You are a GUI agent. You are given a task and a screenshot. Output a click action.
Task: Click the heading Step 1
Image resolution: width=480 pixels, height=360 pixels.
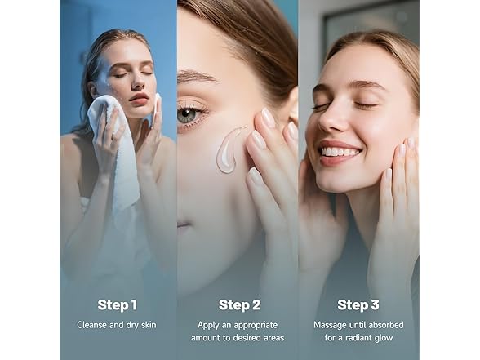coord(118,305)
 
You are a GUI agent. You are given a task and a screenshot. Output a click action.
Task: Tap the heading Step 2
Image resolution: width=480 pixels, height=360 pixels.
coord(240,305)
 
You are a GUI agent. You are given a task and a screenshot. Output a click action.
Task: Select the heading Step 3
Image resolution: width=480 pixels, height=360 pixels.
coord(358,305)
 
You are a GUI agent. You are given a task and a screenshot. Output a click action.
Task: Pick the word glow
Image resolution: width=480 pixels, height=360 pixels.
coord(384,338)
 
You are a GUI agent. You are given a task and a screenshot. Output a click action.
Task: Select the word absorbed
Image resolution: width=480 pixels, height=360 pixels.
coord(386,325)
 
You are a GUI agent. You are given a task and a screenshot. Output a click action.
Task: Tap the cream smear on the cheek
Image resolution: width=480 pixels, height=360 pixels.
coord(229,149)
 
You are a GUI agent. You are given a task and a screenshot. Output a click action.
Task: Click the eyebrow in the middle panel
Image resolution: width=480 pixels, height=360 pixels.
coord(195,76)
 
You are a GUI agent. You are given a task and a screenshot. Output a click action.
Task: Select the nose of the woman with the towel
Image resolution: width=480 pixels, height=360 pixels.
coord(139,81)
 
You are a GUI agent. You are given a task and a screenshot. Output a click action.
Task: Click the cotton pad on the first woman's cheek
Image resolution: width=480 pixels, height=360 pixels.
coord(157,108)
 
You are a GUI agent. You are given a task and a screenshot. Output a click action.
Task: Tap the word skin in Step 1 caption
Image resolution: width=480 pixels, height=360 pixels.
coord(149,325)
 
